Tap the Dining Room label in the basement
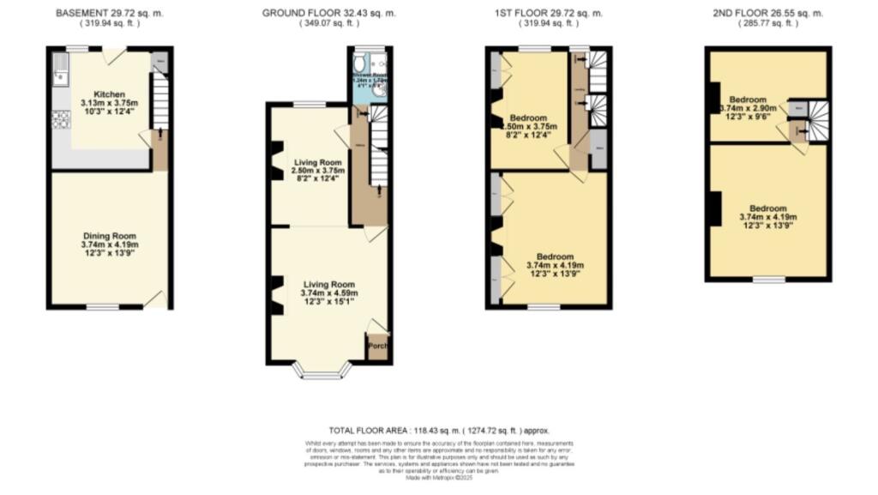[110, 236]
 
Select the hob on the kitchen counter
[60, 120]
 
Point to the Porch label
[377, 346]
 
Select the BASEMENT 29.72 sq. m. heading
[109, 14]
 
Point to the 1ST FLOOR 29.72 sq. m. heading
[550, 14]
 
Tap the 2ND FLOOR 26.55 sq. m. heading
[767, 14]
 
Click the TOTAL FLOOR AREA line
[438, 430]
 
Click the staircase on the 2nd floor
[819, 118]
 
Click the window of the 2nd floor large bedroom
[768, 280]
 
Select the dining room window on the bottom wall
[105, 307]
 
